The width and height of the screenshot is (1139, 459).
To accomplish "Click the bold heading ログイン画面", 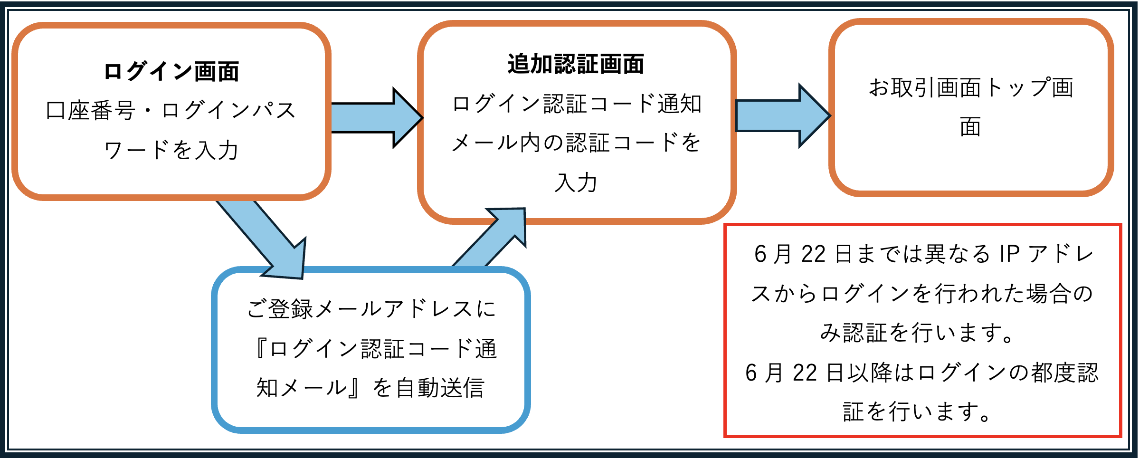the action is [171, 72].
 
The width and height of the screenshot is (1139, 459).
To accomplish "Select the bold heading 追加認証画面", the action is [576, 64].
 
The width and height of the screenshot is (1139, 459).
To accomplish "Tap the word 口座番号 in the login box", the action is [91, 111].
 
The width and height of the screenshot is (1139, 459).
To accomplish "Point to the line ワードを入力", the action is [171, 150].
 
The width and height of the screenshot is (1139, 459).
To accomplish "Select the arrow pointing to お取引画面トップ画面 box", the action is [783, 116].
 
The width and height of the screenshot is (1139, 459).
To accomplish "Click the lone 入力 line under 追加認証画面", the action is [576, 182].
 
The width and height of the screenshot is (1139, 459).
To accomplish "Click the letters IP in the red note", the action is [1010, 254].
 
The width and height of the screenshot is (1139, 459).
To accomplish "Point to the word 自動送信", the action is [440, 388].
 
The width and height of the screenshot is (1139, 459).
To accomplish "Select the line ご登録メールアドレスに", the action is [371, 309].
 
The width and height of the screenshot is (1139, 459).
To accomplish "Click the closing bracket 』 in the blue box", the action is [353, 388].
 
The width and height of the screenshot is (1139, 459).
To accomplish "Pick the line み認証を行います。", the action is [917, 333].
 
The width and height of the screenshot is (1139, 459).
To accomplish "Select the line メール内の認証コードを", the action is [576, 143].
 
